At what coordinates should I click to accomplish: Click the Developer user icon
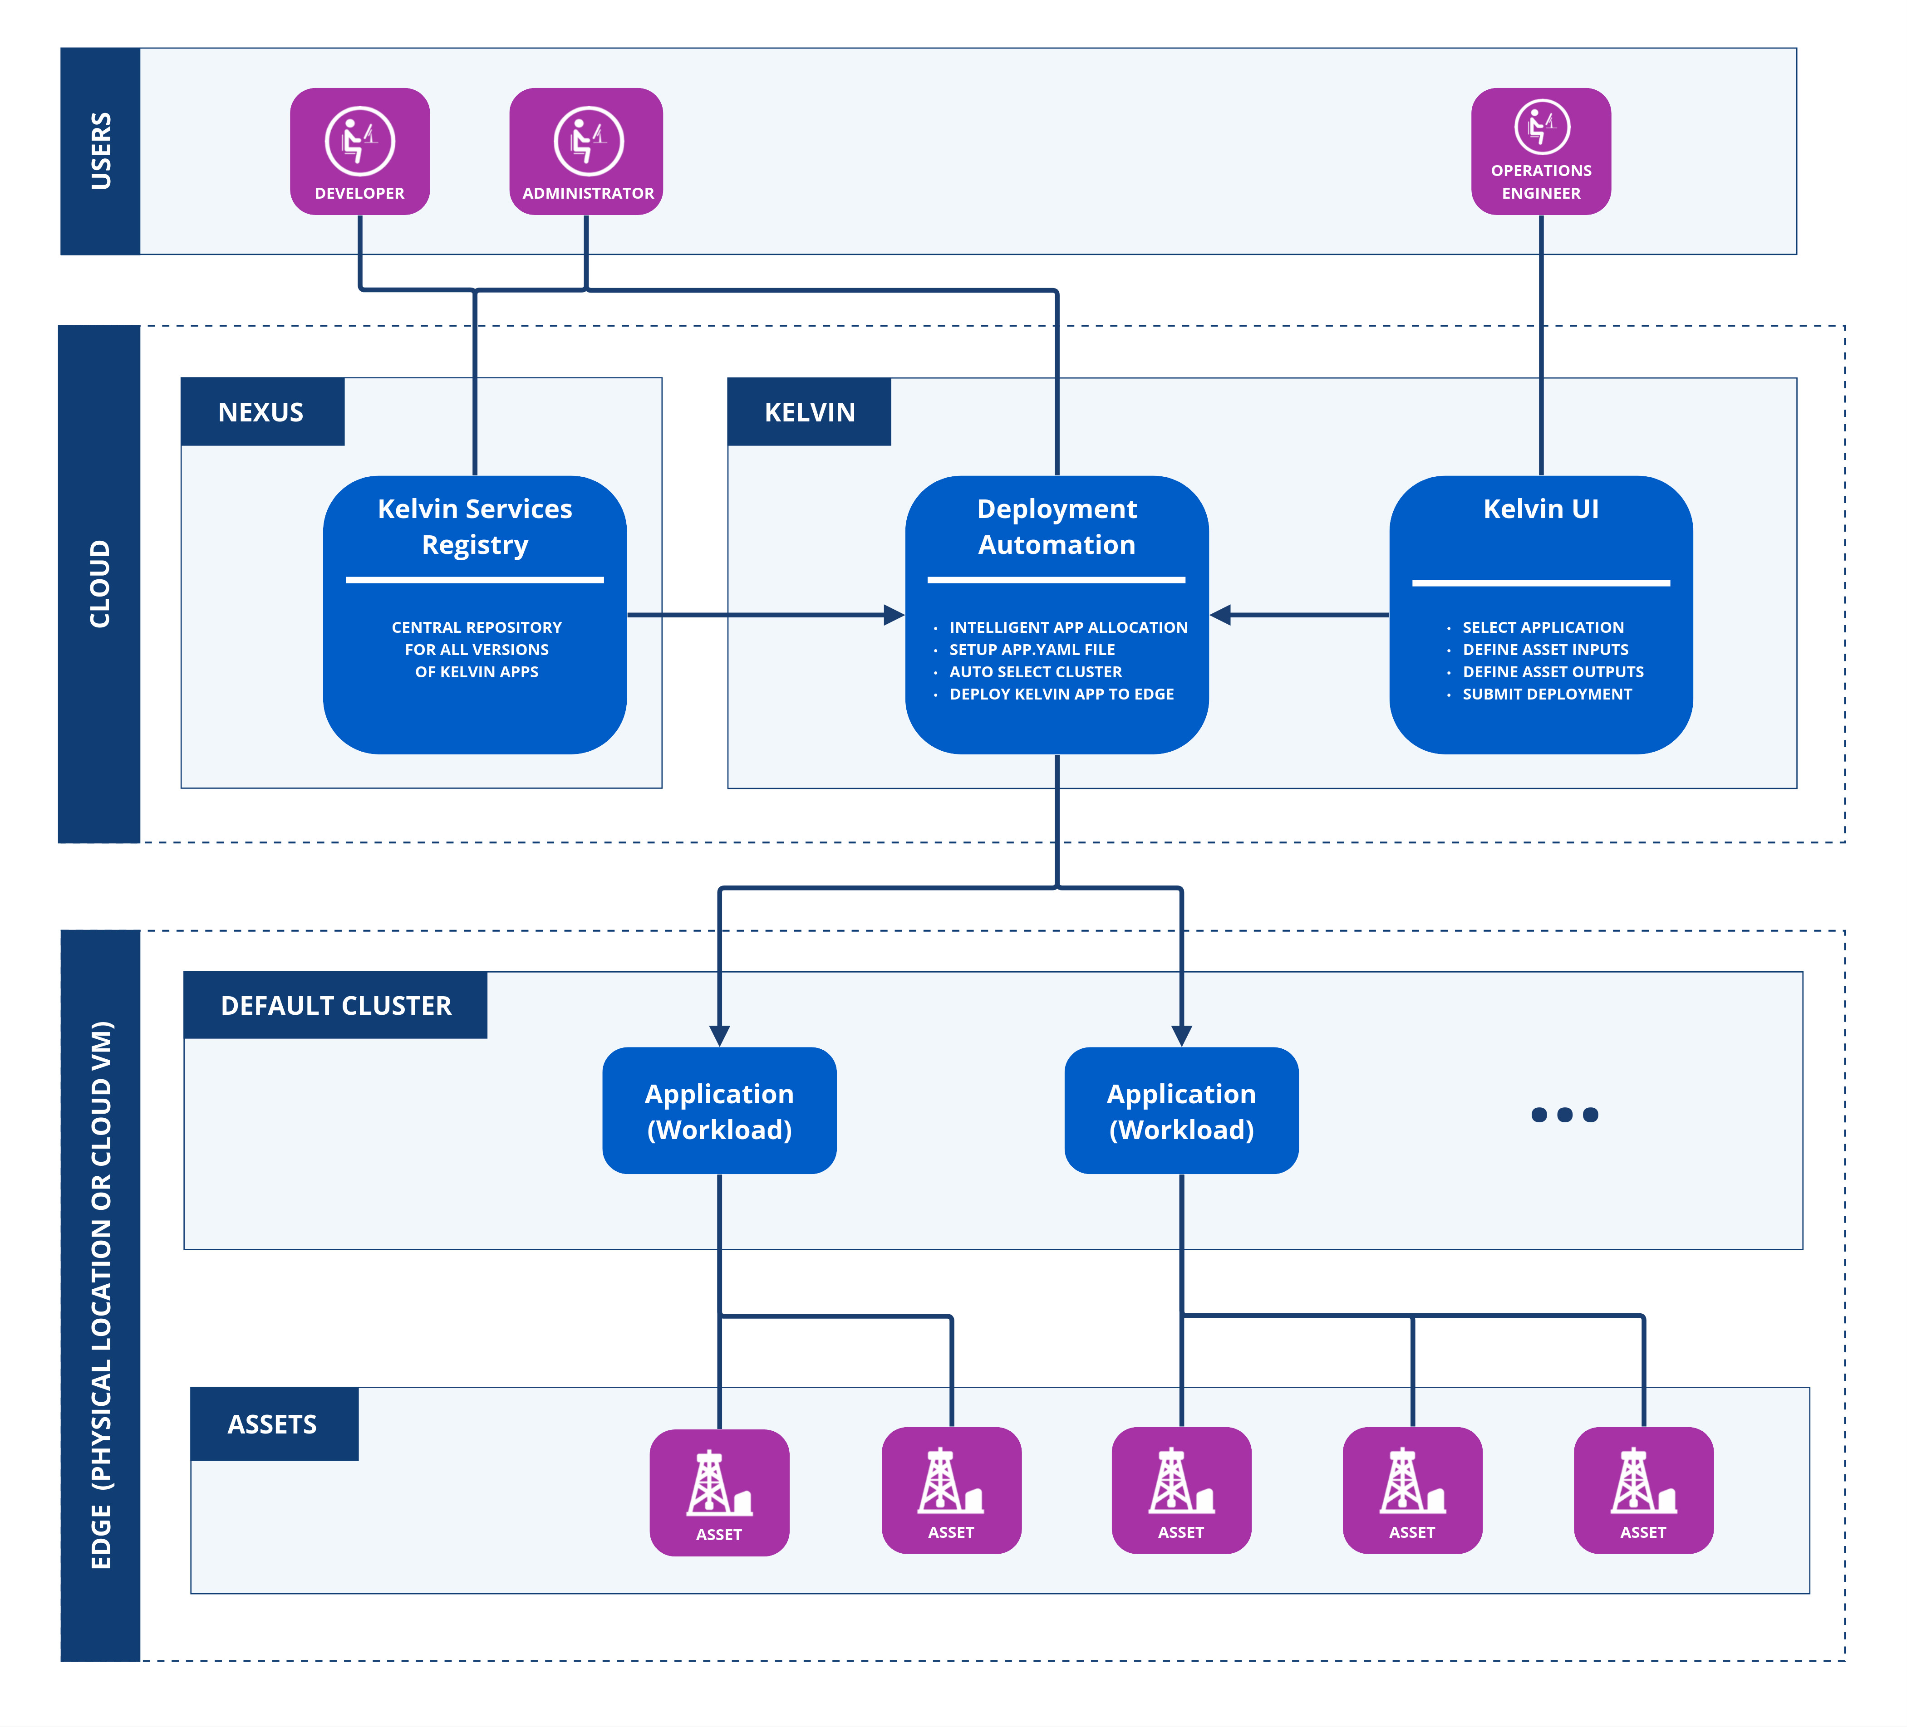(359, 142)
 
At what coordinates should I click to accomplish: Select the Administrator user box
(586, 152)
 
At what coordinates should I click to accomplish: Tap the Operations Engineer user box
(1541, 152)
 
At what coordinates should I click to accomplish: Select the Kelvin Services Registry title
(475, 527)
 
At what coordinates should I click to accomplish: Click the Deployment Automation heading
(1057, 527)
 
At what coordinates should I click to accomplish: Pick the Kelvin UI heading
(1541, 509)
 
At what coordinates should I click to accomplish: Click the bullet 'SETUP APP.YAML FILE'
(1032, 650)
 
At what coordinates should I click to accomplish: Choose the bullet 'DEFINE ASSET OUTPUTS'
(1552, 671)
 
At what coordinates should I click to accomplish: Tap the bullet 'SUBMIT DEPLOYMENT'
(1547, 694)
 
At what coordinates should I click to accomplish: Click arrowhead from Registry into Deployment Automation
(893, 615)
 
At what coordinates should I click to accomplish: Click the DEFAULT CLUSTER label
(336, 1005)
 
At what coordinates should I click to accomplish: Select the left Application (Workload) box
(719, 1111)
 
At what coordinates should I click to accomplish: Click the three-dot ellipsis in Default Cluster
(1564, 1115)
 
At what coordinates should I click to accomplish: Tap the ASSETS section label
(272, 1424)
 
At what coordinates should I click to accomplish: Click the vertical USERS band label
(100, 152)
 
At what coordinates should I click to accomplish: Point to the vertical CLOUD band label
(100, 583)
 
